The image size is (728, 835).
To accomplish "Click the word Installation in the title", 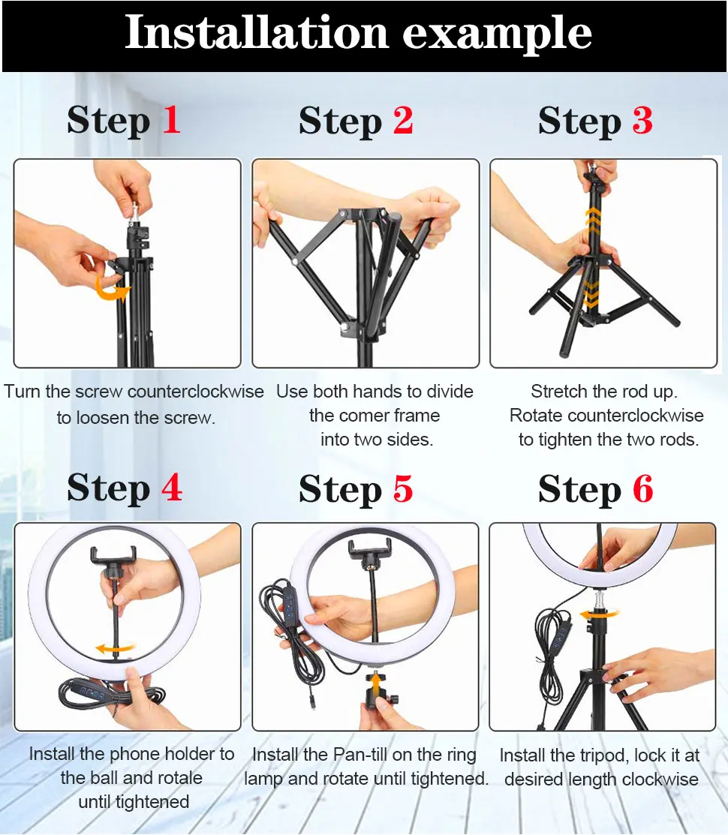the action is pos(256,32).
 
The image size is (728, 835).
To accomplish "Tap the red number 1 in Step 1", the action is pos(171,119).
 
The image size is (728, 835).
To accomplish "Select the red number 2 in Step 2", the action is pos(403,120).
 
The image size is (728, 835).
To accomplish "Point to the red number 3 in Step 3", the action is pos(642,120).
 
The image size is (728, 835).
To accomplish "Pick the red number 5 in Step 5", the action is pos(402,488).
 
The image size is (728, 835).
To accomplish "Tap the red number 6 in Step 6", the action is pos(642,488).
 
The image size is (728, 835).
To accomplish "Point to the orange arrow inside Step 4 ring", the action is pos(115,649).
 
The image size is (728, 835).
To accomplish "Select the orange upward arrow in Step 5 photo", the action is pos(376,683).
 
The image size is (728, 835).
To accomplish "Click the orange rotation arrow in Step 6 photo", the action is pos(599,614).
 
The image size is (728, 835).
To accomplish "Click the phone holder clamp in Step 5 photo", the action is pos(369,551).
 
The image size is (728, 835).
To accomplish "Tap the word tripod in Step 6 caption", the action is pos(604,755).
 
